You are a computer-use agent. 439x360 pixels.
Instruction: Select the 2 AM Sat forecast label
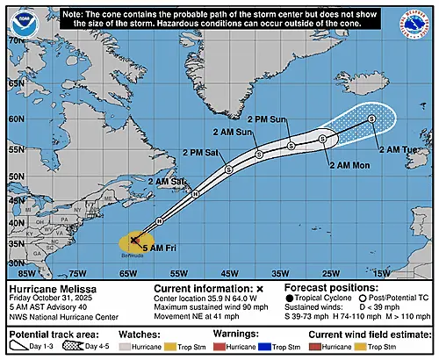pos(168,182)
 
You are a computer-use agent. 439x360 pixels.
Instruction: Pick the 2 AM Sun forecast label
pos(233,132)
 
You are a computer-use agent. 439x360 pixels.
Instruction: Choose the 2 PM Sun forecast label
pos(267,118)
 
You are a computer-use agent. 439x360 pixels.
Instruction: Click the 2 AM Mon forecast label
pos(349,163)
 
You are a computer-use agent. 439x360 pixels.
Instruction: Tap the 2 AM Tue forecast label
pos(398,149)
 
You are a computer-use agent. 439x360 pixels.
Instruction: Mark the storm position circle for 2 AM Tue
pos(371,118)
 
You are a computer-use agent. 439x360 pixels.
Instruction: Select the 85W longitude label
pos(18,273)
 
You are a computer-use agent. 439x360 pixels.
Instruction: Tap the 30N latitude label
pos(15,261)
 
